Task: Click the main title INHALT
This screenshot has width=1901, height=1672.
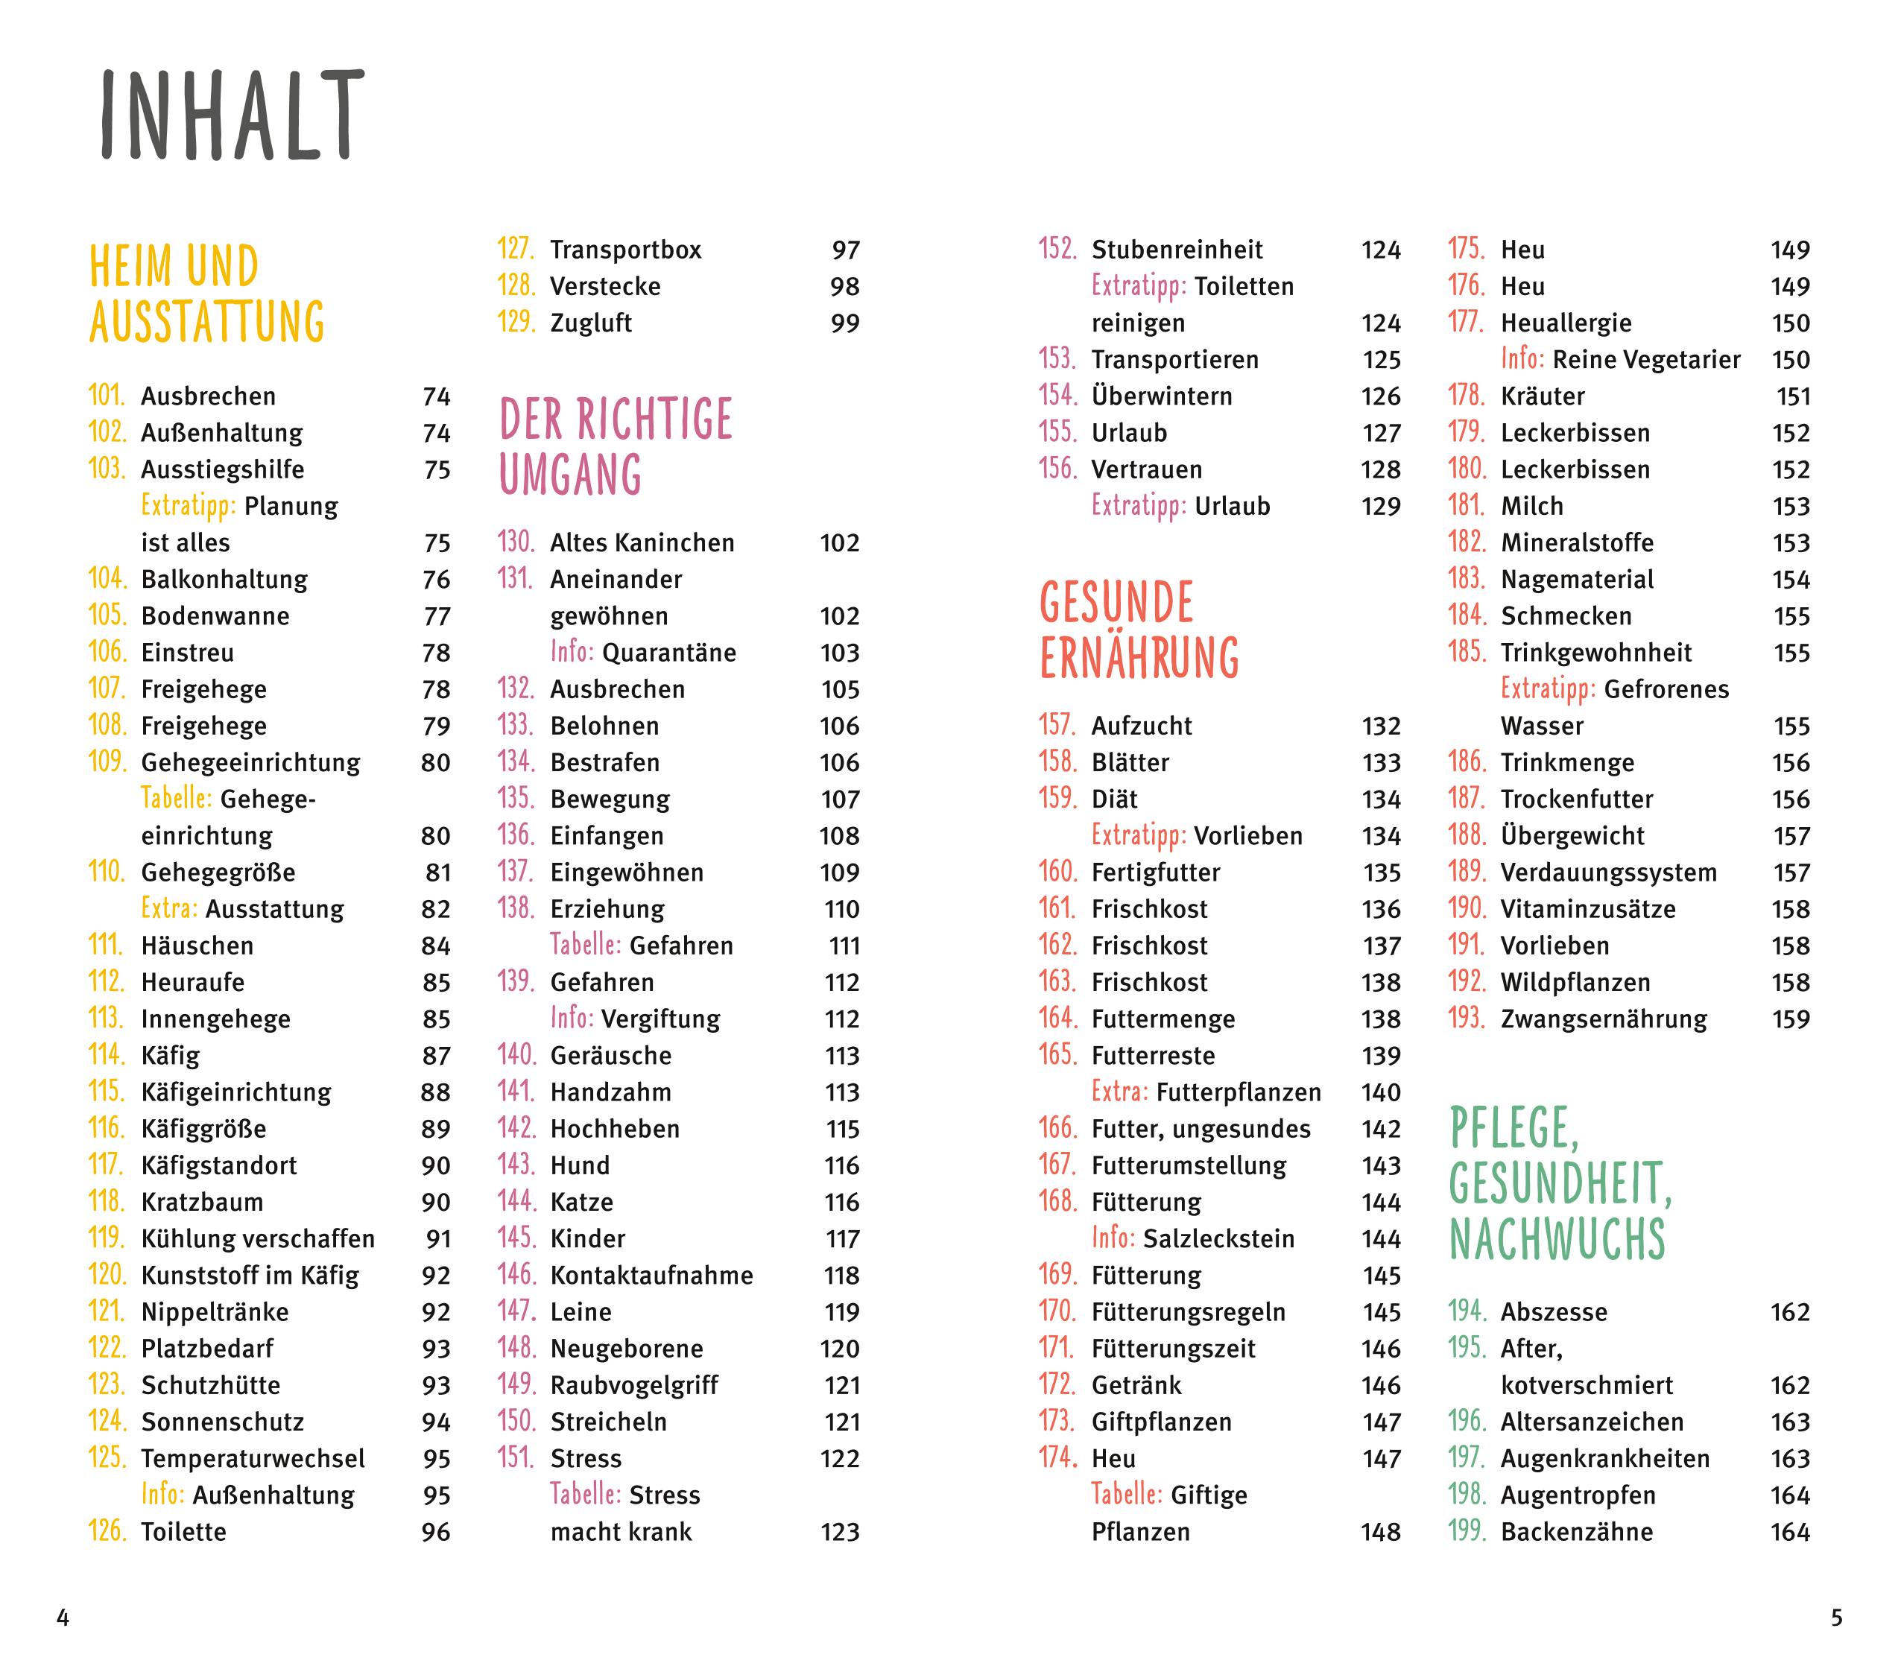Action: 231,115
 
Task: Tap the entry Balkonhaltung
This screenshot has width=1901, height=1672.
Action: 224,580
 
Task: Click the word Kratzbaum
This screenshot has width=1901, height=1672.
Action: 202,1203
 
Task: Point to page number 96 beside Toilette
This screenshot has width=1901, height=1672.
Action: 435,1532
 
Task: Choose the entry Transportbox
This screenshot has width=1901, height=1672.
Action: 625,250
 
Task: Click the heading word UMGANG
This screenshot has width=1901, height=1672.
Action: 571,475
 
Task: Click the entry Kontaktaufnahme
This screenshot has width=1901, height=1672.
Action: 651,1275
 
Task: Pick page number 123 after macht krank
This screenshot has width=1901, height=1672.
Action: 839,1532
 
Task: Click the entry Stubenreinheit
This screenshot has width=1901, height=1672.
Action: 1177,250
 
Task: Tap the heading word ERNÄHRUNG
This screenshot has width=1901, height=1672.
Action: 1139,659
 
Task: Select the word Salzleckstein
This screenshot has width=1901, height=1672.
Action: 1218,1238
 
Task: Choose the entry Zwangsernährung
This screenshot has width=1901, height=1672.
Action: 1604,1019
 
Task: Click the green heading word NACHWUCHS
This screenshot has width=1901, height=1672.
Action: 1557,1240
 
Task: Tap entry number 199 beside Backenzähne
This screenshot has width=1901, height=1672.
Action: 1467,1532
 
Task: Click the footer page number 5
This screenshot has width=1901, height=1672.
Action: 1836,1618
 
